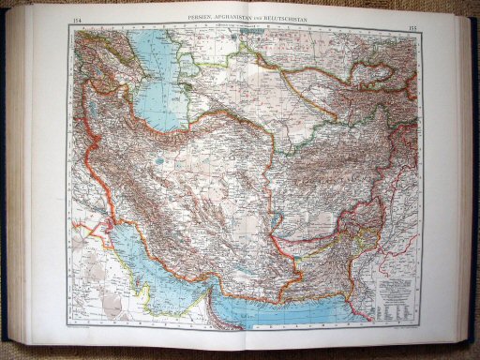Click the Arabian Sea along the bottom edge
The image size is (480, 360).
point(309,309)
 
